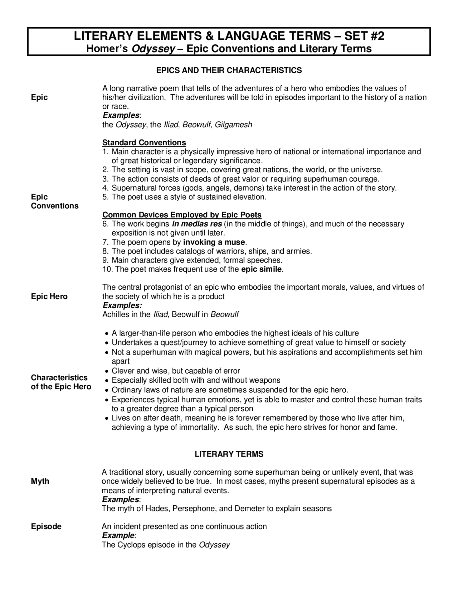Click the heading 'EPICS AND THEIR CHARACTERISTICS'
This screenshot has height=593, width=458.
[x=229, y=70]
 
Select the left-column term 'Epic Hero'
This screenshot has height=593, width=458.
[x=49, y=296]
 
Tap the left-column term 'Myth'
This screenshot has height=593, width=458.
[x=40, y=481]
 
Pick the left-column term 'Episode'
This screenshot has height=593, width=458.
[x=46, y=526]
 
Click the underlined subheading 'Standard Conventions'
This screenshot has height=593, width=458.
[x=144, y=143]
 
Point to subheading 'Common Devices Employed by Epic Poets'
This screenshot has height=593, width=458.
[x=182, y=215]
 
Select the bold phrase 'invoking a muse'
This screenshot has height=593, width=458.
[x=214, y=242]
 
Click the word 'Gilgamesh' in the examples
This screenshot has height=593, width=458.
[x=233, y=125]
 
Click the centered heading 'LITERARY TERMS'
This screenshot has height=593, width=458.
[x=229, y=454]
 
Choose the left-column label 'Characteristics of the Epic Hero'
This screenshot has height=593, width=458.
[x=61, y=382]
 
